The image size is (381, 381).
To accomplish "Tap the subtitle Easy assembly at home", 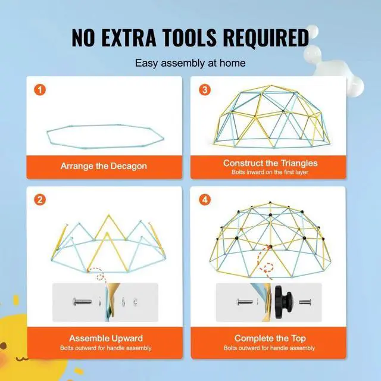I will point(190,63).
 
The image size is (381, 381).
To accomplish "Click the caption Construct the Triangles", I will point(270,163).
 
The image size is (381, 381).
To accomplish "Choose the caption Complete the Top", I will point(270,338).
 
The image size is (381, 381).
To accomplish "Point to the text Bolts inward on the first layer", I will point(270,172).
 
